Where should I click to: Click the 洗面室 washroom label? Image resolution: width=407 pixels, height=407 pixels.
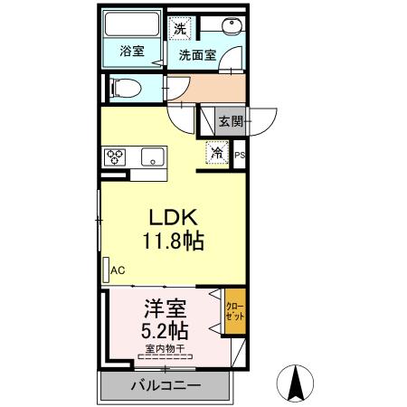pos(196,54)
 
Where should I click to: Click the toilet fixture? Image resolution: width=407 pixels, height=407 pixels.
pos(123,88)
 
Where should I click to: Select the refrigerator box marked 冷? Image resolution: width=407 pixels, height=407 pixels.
pos(217,153)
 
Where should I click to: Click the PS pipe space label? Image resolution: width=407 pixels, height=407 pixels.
pos(240,156)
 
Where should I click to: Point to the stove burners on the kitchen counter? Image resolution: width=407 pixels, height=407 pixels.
pos(116,155)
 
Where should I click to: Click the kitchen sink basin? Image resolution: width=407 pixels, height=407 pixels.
pos(149,155)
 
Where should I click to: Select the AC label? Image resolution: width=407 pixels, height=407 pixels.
pos(118,270)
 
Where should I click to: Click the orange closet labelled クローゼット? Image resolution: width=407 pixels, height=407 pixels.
pos(232,312)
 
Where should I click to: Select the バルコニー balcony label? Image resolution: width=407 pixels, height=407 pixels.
pos(164,387)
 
